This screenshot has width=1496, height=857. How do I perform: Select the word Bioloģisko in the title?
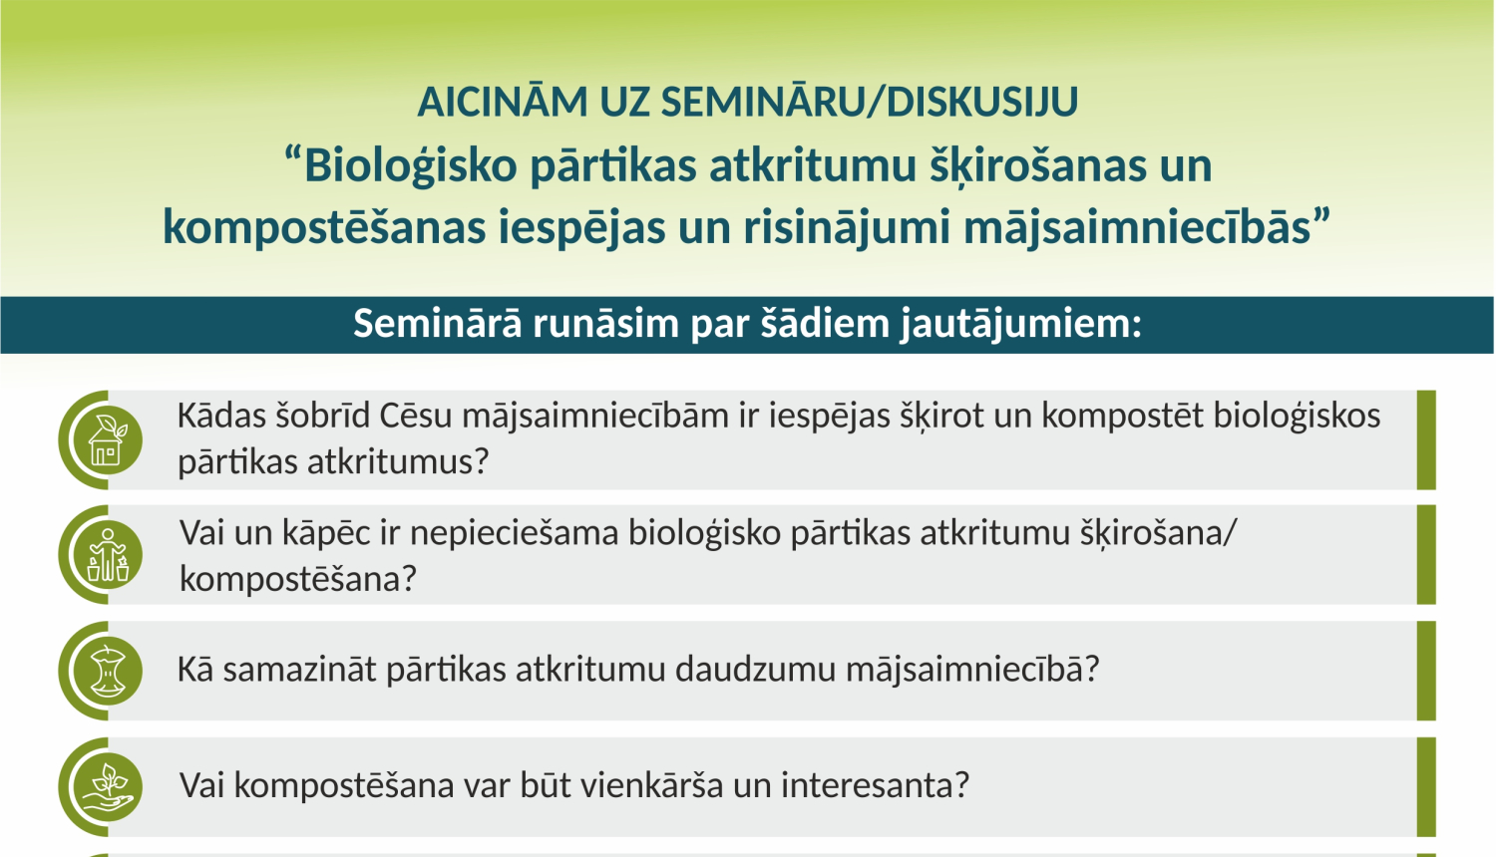click(x=410, y=165)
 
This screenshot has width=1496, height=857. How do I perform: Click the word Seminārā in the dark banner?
click(x=437, y=324)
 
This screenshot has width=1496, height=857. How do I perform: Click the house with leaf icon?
click(x=108, y=440)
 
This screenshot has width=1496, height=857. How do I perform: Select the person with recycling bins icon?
click(x=108, y=555)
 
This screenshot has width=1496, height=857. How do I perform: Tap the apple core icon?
click(x=108, y=671)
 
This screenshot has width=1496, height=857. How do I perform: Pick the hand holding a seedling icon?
click(x=108, y=786)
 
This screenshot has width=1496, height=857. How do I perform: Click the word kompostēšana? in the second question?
click(x=297, y=579)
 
